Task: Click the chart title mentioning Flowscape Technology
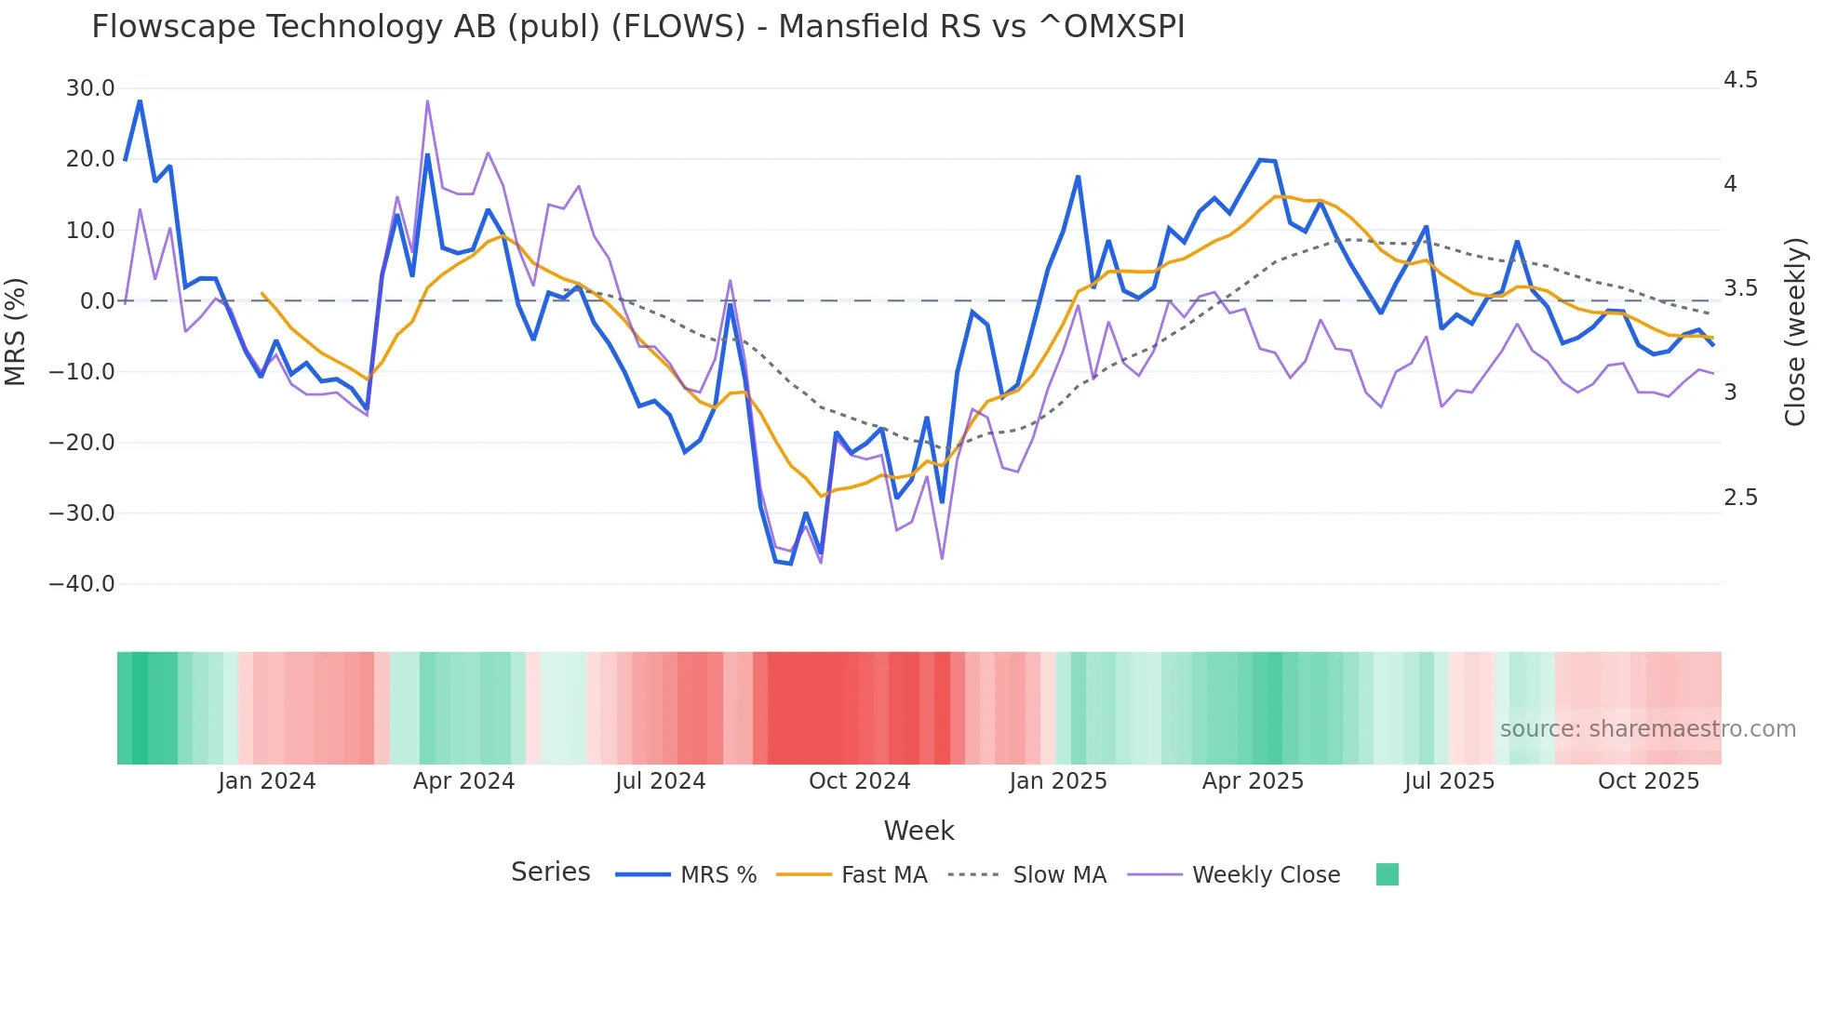tap(637, 27)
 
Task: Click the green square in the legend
tap(1387, 874)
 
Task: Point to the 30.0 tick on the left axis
tap(90, 88)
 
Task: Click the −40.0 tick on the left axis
tap(82, 584)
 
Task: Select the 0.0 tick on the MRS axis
tap(97, 301)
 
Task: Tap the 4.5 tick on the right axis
tap(1740, 80)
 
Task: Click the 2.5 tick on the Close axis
tap(1740, 498)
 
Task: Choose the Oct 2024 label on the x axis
tap(859, 781)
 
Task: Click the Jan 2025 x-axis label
tap(1057, 781)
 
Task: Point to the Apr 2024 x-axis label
tap(463, 781)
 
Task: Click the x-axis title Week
tap(919, 831)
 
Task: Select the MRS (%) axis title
tap(16, 331)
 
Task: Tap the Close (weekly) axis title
tap(1795, 331)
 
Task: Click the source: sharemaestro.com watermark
tap(1647, 729)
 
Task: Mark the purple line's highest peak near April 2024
tap(427, 100)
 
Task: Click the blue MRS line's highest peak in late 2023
tap(140, 100)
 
